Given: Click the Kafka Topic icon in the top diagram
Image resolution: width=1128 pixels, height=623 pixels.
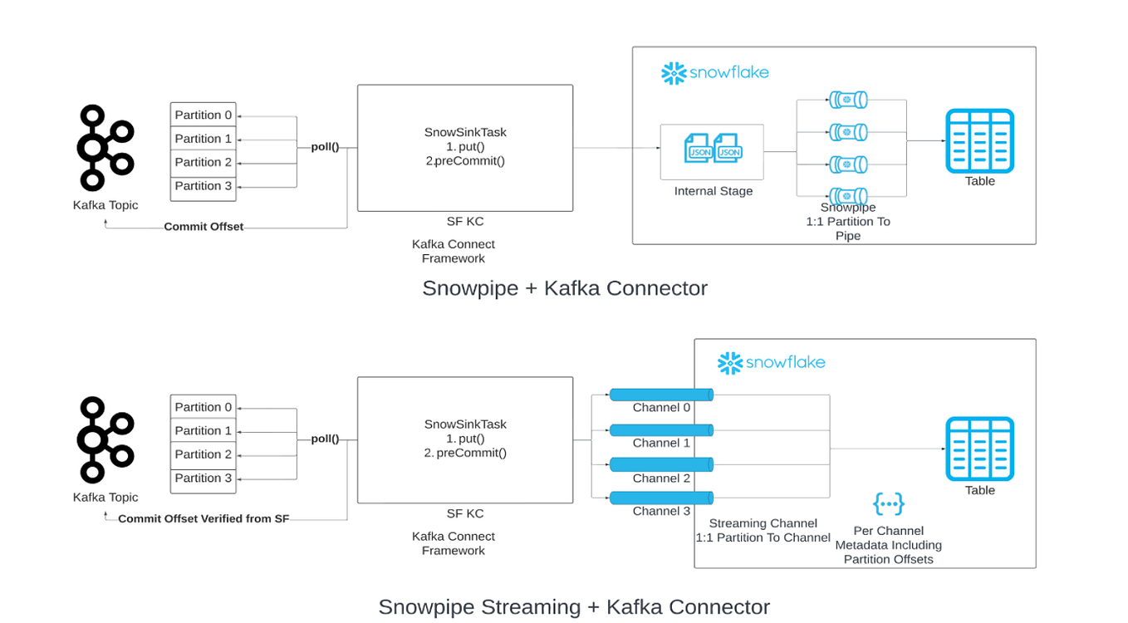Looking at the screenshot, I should tap(105, 148).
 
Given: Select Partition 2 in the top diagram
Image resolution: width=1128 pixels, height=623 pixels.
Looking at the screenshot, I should tap(204, 162).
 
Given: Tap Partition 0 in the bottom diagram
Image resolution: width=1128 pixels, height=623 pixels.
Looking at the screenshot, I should tap(204, 407).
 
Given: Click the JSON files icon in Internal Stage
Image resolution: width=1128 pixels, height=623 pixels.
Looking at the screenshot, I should tap(712, 150).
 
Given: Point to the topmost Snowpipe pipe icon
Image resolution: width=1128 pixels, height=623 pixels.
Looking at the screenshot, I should tap(848, 101).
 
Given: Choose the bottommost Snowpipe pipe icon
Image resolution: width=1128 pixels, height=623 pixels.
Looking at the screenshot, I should tap(848, 197).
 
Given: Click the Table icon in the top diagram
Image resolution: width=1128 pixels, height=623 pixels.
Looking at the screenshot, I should tap(979, 141).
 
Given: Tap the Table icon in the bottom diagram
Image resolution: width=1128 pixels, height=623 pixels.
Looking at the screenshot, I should tap(979, 449).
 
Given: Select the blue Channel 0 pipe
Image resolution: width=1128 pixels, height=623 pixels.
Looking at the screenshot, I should tap(661, 395).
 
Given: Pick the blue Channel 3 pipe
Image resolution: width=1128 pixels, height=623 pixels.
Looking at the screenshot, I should tap(661, 498).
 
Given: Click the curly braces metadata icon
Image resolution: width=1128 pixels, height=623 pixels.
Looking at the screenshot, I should tap(888, 503).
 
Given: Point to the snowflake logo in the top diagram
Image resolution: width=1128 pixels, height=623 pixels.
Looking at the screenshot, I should tap(714, 73).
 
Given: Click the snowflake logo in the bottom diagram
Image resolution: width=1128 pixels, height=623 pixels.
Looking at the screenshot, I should tap(771, 362).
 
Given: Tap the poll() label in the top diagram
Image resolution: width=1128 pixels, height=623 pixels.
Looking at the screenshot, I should tap(325, 147).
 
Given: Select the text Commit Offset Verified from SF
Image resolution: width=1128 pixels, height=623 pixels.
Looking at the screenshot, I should tap(204, 519).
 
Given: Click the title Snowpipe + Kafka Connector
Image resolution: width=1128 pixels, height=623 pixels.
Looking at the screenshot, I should tap(564, 288).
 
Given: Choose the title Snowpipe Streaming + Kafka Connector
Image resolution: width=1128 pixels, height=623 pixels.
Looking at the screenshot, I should tap(573, 606).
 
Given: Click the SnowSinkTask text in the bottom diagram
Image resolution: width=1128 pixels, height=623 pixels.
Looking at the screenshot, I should tap(465, 424).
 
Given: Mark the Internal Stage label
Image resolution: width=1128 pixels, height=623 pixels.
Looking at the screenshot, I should tap(713, 191).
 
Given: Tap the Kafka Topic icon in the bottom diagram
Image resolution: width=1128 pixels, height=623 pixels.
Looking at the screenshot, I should tap(105, 439).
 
